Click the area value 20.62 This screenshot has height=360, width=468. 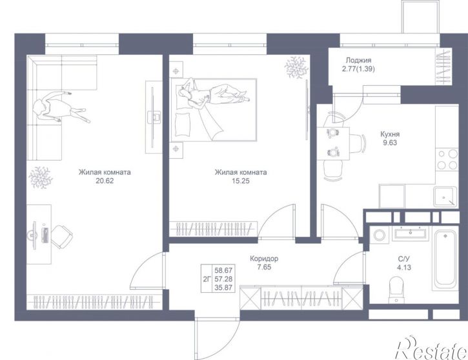coord(105,181)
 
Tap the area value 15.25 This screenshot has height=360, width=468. coord(241,181)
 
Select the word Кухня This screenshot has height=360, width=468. coord(390,134)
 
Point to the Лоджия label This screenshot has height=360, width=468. coord(358,61)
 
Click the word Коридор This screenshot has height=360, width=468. coord(264,259)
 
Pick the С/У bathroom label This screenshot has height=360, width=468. coord(404,259)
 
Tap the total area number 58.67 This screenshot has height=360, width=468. coord(223,270)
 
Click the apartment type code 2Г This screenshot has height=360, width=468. coord(207,279)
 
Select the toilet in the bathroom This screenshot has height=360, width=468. coord(396,290)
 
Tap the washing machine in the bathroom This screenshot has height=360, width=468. coord(380,235)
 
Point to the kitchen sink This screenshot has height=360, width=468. coord(445,197)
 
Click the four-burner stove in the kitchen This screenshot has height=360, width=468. coord(447,159)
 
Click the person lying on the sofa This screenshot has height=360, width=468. coord(59,107)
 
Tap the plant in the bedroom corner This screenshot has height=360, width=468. coord(296,67)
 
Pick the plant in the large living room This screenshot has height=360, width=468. coord(41,178)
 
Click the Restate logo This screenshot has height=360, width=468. coord(431,348)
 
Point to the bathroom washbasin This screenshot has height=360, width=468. coord(411,233)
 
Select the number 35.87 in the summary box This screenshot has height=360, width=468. coord(223,288)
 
